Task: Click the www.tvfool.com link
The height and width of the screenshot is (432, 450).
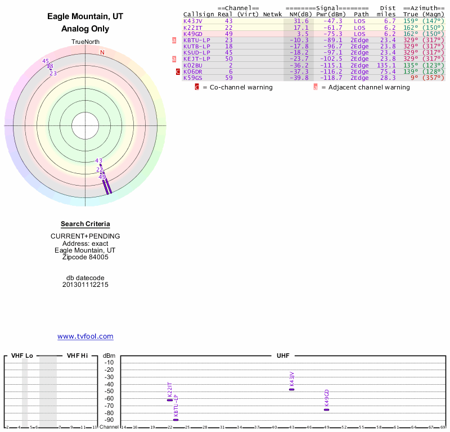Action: [85, 336]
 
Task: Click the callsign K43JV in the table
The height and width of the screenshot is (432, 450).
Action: [193, 21]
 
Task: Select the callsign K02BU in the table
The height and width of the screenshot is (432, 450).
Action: [193, 65]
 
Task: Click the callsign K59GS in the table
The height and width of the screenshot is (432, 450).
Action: [193, 78]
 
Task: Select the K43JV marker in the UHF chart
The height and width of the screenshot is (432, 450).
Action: [291, 389]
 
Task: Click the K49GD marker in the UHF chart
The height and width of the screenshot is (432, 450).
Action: [326, 409]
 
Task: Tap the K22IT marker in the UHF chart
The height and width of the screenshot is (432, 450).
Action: [170, 400]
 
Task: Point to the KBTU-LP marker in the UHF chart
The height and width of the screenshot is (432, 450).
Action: [175, 420]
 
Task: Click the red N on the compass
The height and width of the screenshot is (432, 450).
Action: [102, 52]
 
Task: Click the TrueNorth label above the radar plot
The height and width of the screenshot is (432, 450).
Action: [85, 42]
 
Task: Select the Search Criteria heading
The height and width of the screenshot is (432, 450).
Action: [85, 224]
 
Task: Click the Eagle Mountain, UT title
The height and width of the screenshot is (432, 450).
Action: [85, 17]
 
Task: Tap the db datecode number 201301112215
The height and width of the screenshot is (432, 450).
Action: [85, 285]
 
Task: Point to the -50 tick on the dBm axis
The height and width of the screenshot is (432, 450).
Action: [109, 391]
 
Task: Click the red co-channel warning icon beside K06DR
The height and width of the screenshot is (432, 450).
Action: [178, 71]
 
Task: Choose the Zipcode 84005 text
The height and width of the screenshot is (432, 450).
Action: [85, 258]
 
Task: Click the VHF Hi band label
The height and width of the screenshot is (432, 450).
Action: [77, 355]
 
